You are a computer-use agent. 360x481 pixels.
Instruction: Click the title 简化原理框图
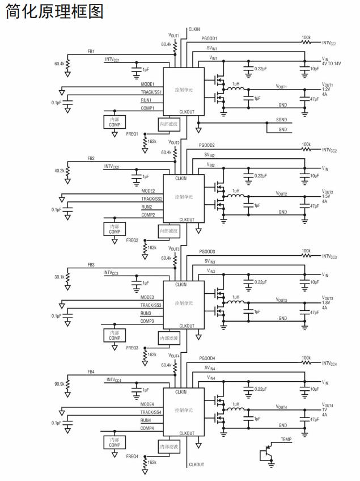tap(54, 12)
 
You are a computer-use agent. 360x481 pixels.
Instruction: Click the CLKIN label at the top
tap(194, 28)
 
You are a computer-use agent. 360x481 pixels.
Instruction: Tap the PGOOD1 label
tap(209, 38)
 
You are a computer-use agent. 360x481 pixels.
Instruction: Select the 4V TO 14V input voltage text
tap(332, 64)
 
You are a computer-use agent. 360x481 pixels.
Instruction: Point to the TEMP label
tap(286, 439)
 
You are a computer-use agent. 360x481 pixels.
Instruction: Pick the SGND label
tap(282, 120)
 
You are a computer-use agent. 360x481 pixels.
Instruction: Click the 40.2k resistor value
tap(59, 170)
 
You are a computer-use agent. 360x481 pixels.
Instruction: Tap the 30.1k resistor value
tap(59, 277)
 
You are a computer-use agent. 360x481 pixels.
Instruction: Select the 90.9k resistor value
tap(59, 384)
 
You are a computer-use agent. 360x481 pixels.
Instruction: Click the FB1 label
tap(91, 51)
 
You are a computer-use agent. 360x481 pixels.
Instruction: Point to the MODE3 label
tap(147, 297)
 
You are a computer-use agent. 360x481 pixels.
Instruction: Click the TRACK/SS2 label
tap(151, 199)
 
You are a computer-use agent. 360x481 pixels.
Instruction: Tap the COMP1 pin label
tap(148, 108)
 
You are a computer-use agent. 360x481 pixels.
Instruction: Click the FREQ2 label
tap(132, 241)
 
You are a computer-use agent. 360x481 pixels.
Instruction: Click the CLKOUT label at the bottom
tap(196, 465)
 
